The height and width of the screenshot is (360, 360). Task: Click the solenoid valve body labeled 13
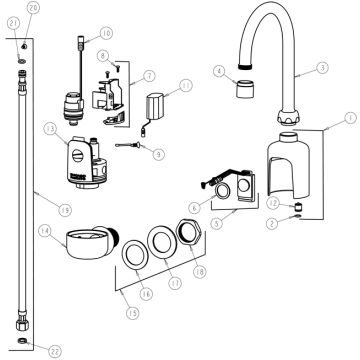coord(82,160)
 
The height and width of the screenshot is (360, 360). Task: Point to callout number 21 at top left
coord(13,22)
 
